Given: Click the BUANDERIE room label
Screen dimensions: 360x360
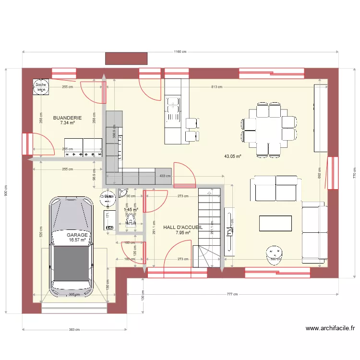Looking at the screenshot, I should tap(67, 118).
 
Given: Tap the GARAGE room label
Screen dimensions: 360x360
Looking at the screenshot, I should tap(77, 235).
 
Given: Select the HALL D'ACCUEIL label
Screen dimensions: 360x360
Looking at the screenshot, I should tap(182, 228).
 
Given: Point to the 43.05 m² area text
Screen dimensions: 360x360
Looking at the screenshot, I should tap(232, 156).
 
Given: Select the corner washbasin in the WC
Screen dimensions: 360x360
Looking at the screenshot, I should tap(124, 193).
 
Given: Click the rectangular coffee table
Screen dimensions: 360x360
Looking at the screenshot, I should tap(276, 223).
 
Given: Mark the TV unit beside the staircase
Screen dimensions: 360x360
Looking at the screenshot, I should tap(229, 229).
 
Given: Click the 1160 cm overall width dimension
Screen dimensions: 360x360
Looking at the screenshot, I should tap(180, 52).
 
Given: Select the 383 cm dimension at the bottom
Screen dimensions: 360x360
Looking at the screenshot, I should tap(74, 329).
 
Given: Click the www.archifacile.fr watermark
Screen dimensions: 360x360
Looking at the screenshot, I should tap(330, 328).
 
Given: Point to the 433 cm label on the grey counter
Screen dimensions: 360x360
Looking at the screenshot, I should tap(165, 176).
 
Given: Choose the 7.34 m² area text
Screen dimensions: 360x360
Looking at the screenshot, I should tap(67, 123).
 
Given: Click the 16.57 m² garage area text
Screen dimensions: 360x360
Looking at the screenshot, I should tap(77, 240).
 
